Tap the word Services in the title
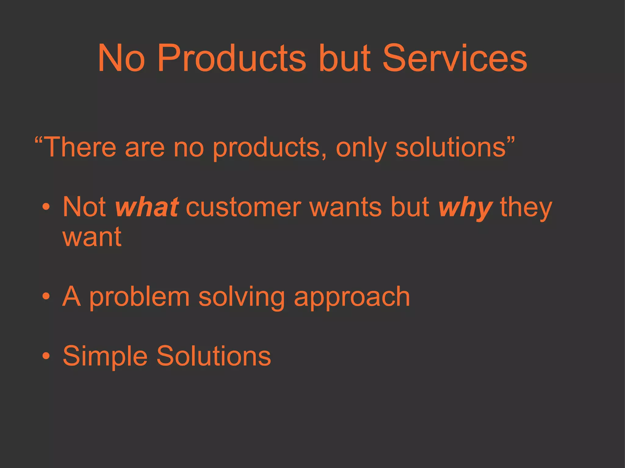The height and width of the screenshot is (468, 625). pyautogui.click(x=454, y=58)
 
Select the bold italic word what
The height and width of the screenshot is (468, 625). pyautogui.click(x=147, y=207)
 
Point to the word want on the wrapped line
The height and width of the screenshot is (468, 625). pyautogui.click(x=92, y=237)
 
